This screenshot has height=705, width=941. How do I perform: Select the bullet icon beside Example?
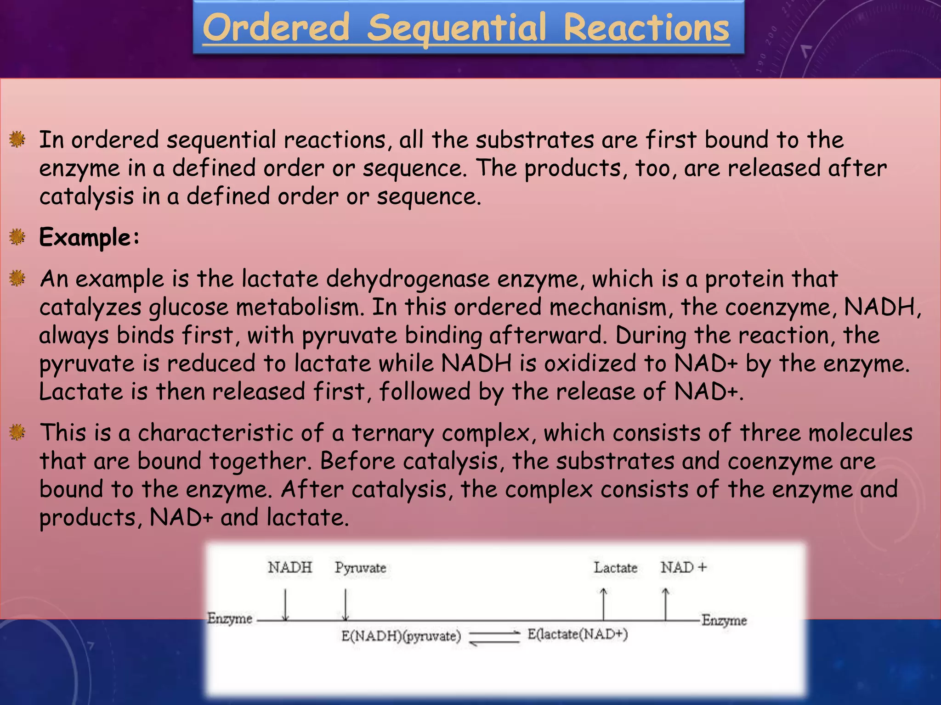17,237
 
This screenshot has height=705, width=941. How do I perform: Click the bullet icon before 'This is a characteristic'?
17,432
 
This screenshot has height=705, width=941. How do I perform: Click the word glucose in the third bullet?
188,307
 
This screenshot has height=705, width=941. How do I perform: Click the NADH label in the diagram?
290,568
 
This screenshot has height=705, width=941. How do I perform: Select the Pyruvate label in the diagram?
360,568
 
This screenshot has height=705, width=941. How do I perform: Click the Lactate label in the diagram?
615,568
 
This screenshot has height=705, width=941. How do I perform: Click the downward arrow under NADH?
285,605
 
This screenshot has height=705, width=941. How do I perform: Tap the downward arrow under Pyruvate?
346,605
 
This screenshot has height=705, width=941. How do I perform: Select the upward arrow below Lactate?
604,604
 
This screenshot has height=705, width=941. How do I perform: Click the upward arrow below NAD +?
665,604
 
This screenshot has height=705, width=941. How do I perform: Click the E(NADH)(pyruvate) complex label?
401,636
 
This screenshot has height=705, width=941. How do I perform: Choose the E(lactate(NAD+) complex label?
578,634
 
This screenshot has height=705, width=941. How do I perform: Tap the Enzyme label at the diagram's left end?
230,618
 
